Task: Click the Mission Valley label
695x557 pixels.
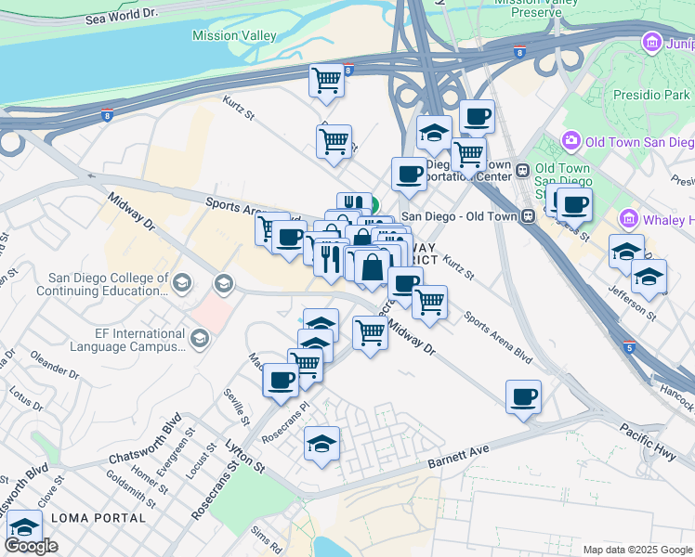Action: (x=234, y=35)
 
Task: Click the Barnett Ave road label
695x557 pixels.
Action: (x=458, y=452)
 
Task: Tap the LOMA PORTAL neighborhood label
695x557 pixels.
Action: (x=98, y=517)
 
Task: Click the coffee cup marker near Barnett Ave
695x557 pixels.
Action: (x=524, y=396)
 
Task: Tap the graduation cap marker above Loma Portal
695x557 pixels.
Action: (x=24, y=526)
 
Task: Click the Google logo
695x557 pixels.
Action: (x=31, y=546)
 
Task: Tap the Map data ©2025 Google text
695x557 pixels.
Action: (x=636, y=550)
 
